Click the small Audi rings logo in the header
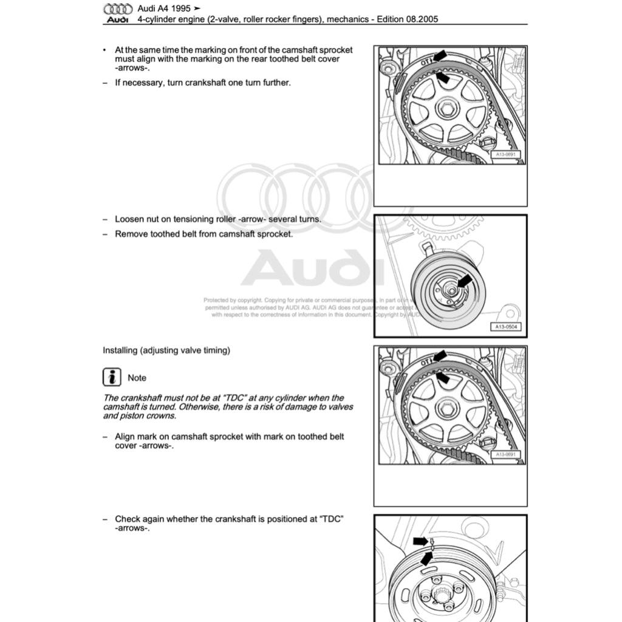point(118,9)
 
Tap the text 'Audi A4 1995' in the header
point(164,9)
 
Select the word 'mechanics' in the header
point(347,19)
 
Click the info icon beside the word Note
point(111,377)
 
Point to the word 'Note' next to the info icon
point(137,378)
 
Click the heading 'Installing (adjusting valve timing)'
point(166,350)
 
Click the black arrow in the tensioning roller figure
point(465,280)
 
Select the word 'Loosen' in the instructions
point(130,219)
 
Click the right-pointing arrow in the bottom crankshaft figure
point(420,541)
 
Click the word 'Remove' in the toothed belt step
point(131,234)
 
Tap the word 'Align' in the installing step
point(126,437)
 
